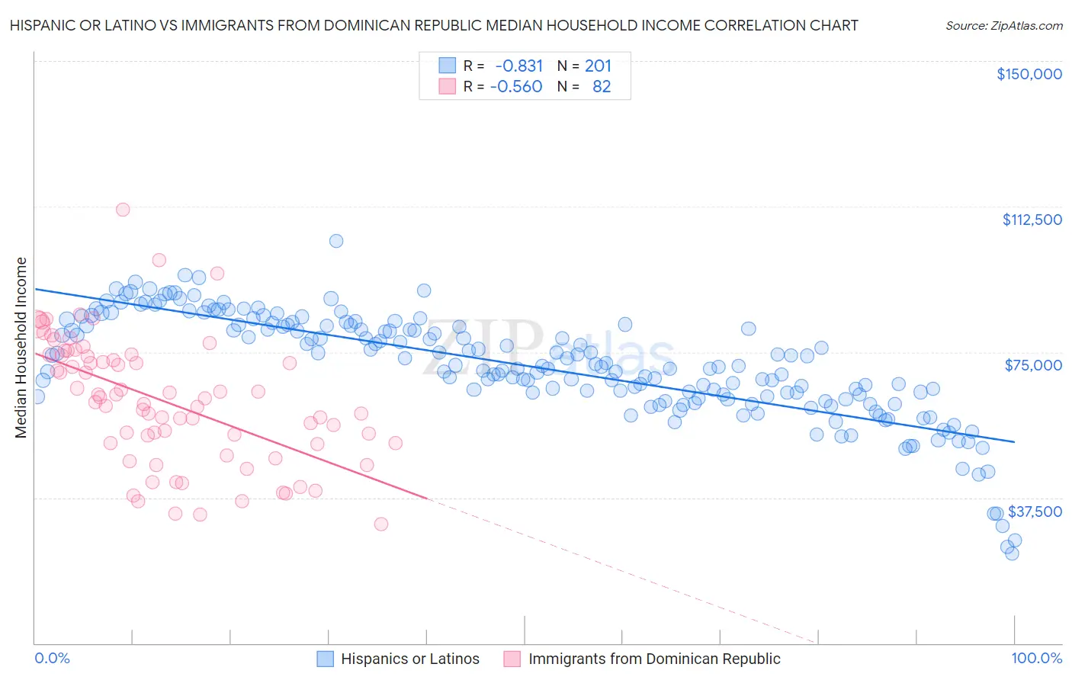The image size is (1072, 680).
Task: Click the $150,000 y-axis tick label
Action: [x=1029, y=74]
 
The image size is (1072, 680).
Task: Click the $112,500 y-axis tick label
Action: [x=1032, y=220]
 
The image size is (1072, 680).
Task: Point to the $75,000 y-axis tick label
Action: [x=1033, y=365]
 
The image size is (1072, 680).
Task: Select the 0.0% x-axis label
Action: [x=53, y=659]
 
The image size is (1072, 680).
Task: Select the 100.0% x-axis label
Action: [x=1036, y=659]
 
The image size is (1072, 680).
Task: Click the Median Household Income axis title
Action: [x=21, y=348]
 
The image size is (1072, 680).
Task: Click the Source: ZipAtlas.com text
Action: [x=1003, y=25]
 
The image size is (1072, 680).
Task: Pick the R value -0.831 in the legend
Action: [x=518, y=66]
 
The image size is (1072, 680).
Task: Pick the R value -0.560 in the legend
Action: [x=516, y=87]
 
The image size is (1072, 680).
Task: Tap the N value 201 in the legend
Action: [x=598, y=66]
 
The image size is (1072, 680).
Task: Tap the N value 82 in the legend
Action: [x=602, y=87]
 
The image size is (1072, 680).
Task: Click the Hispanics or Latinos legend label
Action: [x=410, y=659]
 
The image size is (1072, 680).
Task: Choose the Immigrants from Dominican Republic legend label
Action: [x=654, y=659]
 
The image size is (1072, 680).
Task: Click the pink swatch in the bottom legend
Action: [x=512, y=659]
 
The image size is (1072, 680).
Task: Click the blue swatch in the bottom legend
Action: [x=325, y=659]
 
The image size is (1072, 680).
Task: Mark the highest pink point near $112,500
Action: [x=123, y=210]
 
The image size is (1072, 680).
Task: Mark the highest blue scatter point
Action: [x=336, y=241]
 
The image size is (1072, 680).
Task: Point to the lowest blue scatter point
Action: [x=1012, y=553]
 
